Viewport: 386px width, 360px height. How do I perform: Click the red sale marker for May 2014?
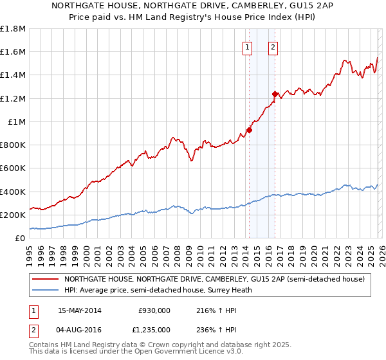coord(249,130)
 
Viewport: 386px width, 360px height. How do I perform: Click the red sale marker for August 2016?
coord(275,94)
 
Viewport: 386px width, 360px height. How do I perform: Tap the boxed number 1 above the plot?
coord(248,46)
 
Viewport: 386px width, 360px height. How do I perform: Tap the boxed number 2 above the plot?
coord(273,46)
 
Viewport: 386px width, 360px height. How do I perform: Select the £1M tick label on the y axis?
coord(16,122)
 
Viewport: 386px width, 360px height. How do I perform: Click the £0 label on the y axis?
coord(20,239)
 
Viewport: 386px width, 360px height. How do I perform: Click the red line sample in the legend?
coord(45,279)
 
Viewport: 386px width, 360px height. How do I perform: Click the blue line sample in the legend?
coord(45,290)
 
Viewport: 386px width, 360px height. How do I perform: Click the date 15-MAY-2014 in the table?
coord(80,310)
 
